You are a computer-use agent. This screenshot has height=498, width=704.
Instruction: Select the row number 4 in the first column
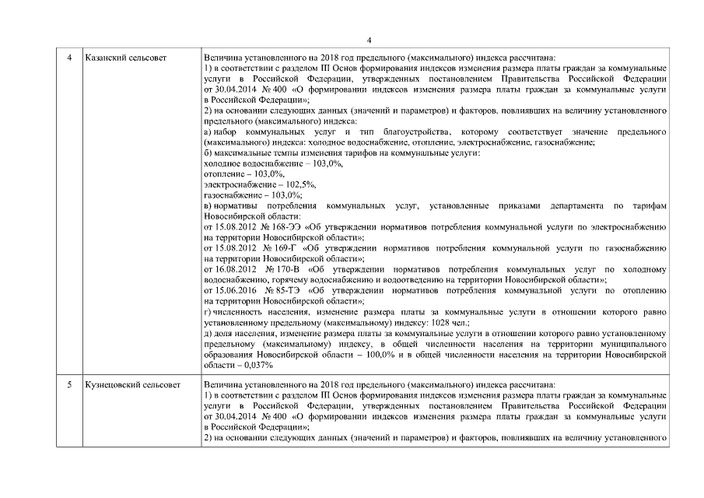tap(71, 58)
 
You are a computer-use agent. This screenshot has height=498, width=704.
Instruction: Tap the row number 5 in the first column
tap(71, 384)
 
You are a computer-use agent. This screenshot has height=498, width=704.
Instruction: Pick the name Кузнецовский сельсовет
tap(131, 384)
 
